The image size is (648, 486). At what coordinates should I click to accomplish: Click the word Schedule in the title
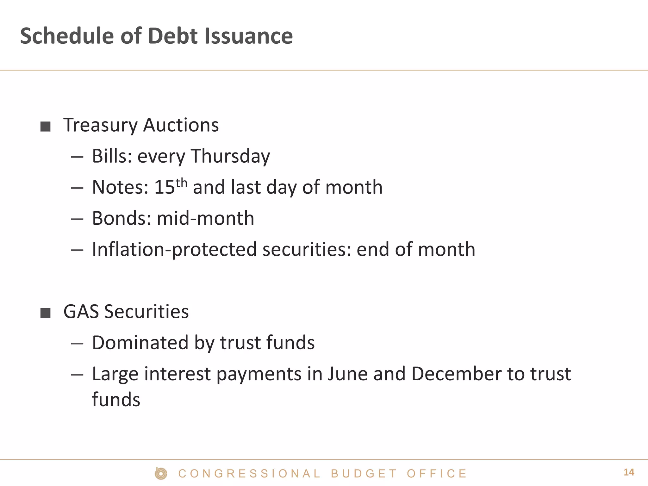click(67, 36)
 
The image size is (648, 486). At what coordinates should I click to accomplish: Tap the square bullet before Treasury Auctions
click(46, 127)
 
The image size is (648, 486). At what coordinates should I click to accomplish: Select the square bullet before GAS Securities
click(46, 313)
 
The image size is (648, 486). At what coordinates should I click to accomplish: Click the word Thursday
click(230, 156)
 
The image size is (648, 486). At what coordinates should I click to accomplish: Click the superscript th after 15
click(181, 183)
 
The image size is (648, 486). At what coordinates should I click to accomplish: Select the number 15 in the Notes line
click(164, 187)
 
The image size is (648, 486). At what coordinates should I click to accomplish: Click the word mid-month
click(205, 218)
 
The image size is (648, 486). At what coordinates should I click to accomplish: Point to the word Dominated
click(140, 342)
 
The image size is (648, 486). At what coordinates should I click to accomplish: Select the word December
click(456, 374)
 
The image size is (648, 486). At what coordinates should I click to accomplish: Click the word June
click(347, 374)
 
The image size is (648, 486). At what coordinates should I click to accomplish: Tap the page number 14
click(629, 472)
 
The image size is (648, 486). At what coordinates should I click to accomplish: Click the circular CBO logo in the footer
click(161, 473)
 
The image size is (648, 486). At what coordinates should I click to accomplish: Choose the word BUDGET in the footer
click(364, 474)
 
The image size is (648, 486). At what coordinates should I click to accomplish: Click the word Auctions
click(181, 125)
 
